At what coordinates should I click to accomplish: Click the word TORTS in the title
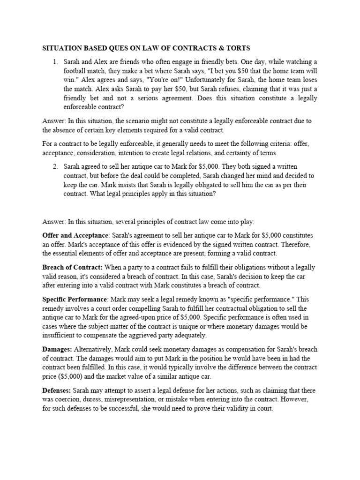(x=237, y=48)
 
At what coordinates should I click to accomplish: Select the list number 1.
(x=55, y=62)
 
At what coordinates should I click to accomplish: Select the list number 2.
(x=55, y=167)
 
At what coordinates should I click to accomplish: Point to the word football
(x=77, y=71)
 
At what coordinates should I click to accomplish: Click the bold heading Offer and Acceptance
(x=75, y=235)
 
